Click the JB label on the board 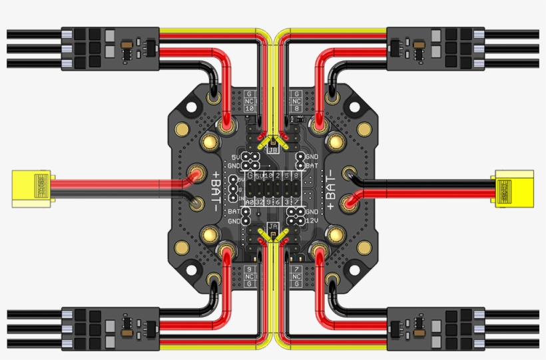click(273, 150)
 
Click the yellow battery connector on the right click(513, 188)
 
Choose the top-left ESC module click(110, 48)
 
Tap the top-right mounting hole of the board click(355, 106)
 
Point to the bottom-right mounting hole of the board click(355, 271)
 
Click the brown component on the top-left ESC click(127, 47)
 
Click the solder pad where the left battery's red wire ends click(198, 174)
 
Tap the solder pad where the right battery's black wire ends click(348, 174)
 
